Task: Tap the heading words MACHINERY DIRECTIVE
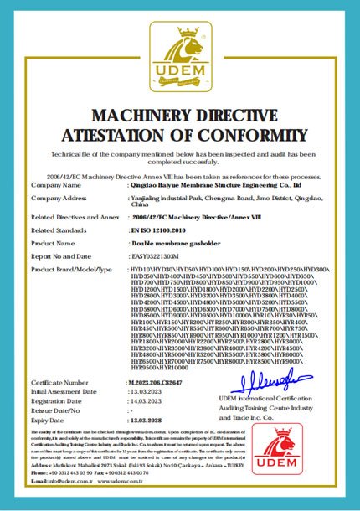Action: coord(180,115)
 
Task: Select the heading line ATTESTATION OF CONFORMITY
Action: coord(180,135)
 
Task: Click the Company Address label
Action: coord(59,197)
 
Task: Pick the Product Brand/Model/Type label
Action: coord(71,269)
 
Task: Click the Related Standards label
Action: coord(59,228)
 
